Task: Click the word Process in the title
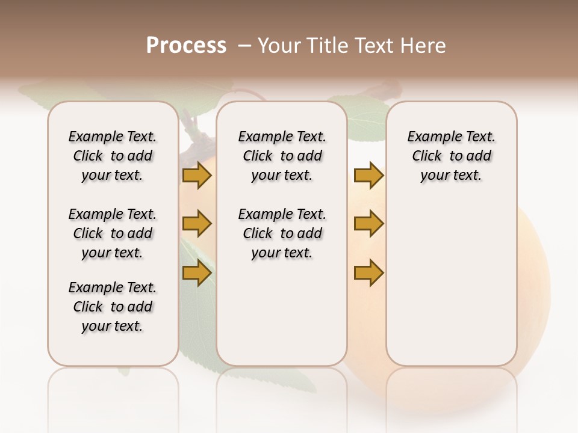pos(186,45)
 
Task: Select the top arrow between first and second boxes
pos(197,175)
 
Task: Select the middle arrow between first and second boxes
pos(197,224)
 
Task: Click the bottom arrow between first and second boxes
pos(197,272)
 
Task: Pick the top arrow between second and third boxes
pos(368,175)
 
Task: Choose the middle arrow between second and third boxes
pos(368,224)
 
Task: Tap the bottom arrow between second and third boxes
pos(368,272)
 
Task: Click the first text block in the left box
pos(113,156)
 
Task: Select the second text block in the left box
pos(113,233)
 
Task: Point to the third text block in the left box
pos(113,307)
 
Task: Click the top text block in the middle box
pos(282,156)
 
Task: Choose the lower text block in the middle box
pos(282,233)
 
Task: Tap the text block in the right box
pos(451,156)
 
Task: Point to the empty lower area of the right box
pos(451,283)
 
